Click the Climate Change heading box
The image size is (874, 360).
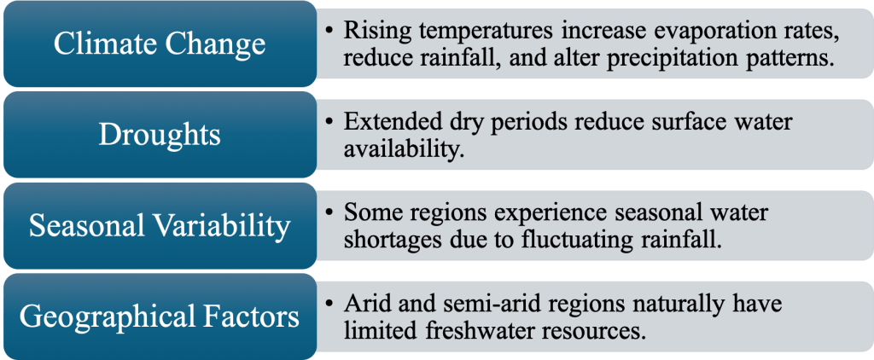tap(159, 44)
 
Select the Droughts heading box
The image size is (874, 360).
tap(159, 135)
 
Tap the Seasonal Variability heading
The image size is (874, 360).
tap(159, 226)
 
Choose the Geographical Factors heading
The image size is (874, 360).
tap(159, 317)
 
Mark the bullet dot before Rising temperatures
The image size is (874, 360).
tap(330, 32)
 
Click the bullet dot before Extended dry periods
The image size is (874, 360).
tap(330, 122)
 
